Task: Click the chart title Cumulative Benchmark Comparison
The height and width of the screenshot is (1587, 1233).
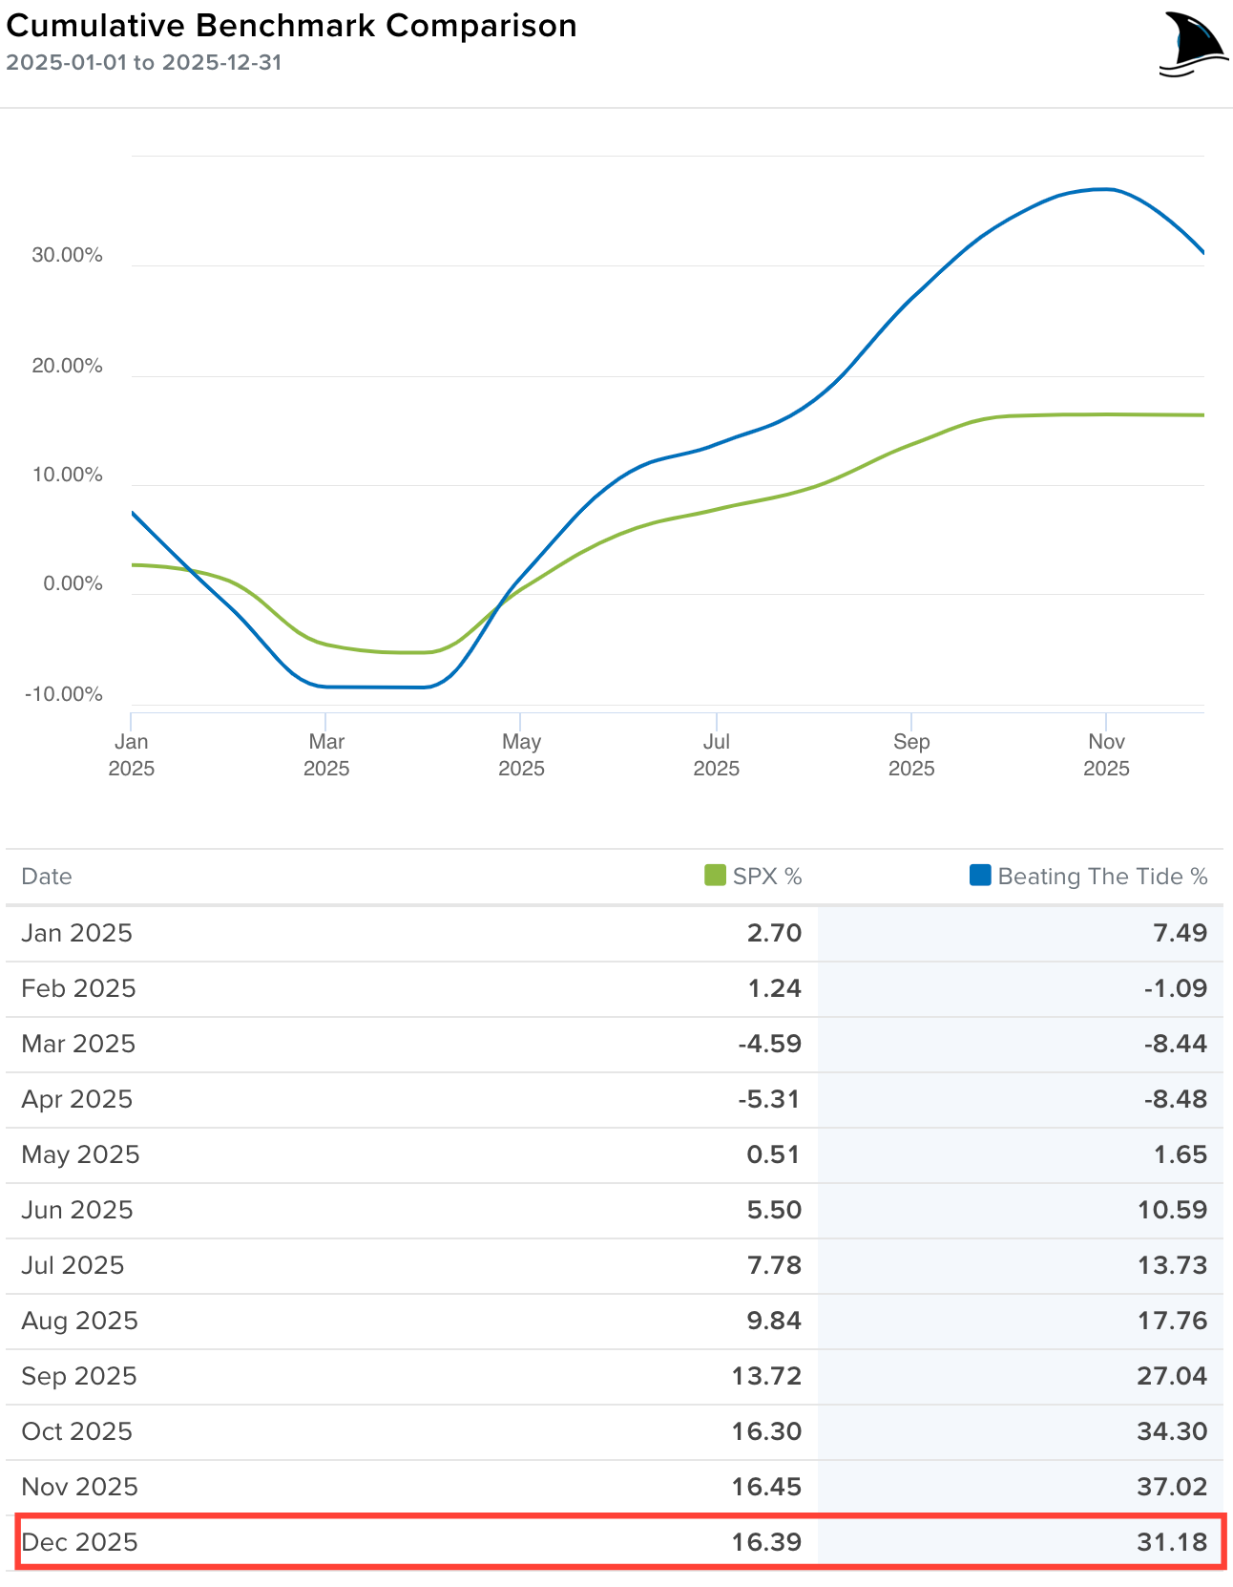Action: [291, 26]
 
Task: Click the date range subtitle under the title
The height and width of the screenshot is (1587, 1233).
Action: [143, 63]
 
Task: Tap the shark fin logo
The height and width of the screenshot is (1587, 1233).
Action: [1193, 45]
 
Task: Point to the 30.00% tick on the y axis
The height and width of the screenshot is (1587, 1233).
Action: [67, 255]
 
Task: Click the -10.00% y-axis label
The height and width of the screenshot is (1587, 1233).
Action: [63, 694]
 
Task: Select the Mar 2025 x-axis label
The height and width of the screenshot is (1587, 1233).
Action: [326, 754]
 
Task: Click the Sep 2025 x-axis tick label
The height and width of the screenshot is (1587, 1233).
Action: [911, 754]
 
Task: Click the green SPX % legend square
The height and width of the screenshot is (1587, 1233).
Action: [715, 876]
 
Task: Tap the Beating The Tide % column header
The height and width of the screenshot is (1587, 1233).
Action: [1102, 877]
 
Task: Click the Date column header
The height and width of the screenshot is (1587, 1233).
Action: [47, 877]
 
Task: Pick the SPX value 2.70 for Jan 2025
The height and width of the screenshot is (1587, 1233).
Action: [774, 933]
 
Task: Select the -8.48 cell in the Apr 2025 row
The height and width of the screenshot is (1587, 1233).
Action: [1176, 1099]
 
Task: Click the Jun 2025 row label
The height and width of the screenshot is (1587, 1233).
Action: [77, 1210]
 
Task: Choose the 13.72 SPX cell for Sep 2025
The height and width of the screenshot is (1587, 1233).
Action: [766, 1376]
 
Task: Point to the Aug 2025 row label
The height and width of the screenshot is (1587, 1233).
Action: [79, 1321]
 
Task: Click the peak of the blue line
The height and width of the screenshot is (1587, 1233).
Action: [1105, 189]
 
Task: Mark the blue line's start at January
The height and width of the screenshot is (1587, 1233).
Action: [133, 513]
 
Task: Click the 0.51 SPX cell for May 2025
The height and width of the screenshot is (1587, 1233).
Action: [773, 1154]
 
